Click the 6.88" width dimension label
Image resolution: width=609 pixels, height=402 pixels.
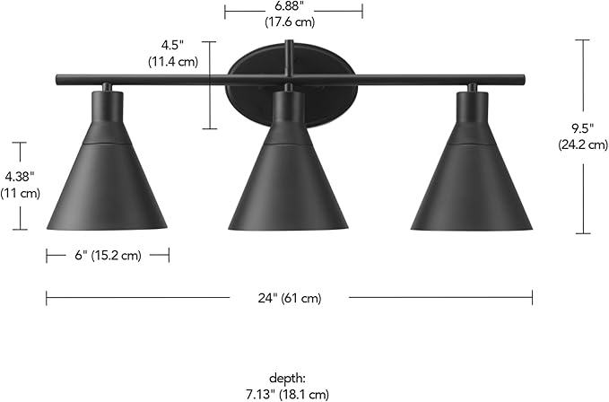tap(293, 6)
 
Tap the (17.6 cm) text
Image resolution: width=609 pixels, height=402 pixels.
tap(293, 21)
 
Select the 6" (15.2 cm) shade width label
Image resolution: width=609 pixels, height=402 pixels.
tap(108, 256)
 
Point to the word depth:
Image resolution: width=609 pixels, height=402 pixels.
tap(287, 379)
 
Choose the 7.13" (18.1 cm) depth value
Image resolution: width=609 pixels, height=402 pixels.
tap(287, 394)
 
